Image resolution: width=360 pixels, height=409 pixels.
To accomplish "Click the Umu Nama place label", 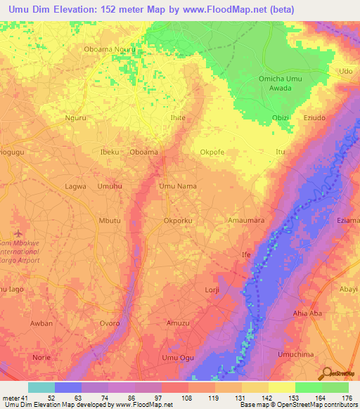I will [x=177, y=186].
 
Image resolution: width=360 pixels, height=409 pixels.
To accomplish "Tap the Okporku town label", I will [x=177, y=221].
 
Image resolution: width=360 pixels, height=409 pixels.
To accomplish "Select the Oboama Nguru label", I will [x=110, y=51].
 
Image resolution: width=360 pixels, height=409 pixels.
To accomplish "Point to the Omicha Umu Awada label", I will [x=280, y=83].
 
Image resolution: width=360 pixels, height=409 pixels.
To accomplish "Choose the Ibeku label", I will [x=110, y=152].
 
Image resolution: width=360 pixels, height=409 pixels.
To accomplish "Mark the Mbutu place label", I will [x=110, y=221].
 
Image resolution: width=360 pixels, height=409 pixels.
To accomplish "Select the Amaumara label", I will [x=246, y=221].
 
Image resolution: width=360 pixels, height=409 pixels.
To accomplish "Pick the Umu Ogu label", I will [x=177, y=358].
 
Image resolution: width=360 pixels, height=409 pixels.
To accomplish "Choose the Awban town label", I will [x=41, y=324].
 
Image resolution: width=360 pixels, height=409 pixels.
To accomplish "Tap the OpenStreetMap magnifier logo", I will [x=327, y=373].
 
